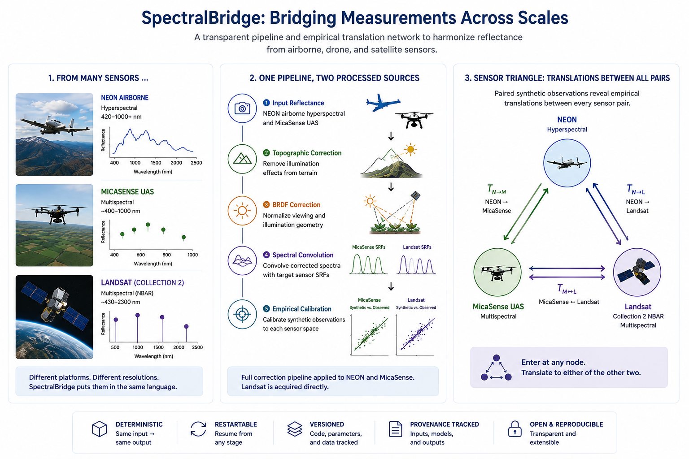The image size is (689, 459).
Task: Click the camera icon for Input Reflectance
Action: [242, 108]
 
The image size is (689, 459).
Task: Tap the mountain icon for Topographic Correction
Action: [242, 159]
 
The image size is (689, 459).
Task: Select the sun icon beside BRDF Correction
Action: [242, 211]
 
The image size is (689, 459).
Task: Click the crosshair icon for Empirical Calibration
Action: [242, 314]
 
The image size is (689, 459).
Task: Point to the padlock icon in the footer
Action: [515, 429]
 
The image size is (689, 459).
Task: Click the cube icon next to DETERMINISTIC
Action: [99, 429]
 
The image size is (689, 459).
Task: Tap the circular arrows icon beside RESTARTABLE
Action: [198, 429]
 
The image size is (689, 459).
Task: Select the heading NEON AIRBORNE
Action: [125, 98]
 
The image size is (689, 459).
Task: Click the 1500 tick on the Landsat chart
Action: [158, 347]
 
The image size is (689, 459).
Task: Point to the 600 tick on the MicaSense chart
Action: [140, 255]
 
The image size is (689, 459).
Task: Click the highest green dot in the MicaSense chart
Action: [148, 225]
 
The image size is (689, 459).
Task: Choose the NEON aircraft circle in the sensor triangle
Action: [567, 163]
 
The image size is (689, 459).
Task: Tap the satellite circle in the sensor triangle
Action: [637, 272]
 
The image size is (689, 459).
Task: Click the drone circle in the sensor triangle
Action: [497, 272]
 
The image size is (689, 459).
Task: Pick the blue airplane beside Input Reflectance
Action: [383, 102]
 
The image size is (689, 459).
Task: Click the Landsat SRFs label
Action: [417, 247]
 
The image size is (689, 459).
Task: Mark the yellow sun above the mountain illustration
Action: [410, 150]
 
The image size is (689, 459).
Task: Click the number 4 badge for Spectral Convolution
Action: [266, 255]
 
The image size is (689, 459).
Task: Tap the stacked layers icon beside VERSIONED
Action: [295, 429]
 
